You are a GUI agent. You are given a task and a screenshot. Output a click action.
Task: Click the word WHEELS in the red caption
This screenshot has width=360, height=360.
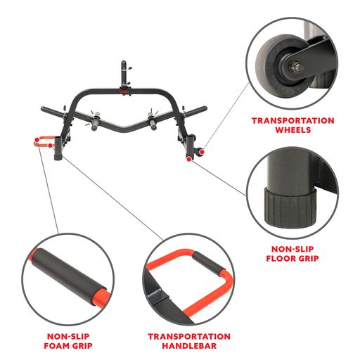pyautogui.click(x=293, y=130)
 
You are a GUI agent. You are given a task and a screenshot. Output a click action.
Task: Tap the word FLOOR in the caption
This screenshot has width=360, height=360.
pyautogui.click(x=278, y=258)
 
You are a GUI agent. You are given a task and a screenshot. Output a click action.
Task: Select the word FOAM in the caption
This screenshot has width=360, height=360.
pyautogui.click(x=56, y=346)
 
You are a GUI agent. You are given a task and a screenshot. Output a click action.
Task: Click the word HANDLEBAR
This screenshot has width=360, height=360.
pyautogui.click(x=189, y=346)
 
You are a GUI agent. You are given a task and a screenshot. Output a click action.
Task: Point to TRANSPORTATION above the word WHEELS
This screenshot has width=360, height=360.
pyautogui.click(x=293, y=121)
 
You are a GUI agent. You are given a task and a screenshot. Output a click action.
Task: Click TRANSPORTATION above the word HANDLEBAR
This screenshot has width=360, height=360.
pyautogui.click(x=189, y=337)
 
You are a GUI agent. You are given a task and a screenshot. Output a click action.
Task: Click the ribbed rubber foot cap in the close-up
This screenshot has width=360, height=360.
pyautogui.click(x=290, y=209)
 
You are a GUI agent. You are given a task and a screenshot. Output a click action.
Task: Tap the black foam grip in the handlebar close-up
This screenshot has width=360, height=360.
pyautogui.click(x=209, y=262)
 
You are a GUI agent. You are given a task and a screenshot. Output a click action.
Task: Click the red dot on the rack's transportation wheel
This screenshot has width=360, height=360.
pyautogui.click(x=202, y=152)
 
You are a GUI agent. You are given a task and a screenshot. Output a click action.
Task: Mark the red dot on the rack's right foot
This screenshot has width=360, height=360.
pyautogui.click(x=189, y=159)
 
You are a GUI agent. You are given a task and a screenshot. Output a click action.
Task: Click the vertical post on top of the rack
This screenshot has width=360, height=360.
pyautogui.click(x=124, y=74)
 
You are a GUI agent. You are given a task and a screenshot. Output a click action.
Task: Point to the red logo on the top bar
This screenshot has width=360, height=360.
pyautogui.click(x=124, y=91)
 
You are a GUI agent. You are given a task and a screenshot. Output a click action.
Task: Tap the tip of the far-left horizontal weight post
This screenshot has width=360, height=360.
pyautogui.click(x=42, y=109)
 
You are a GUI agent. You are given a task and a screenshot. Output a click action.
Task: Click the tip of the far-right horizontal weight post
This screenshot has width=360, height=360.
pyautogui.click(x=205, y=108)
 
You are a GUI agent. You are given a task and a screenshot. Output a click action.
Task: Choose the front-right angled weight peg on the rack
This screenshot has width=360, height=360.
pyautogui.click(x=152, y=121)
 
